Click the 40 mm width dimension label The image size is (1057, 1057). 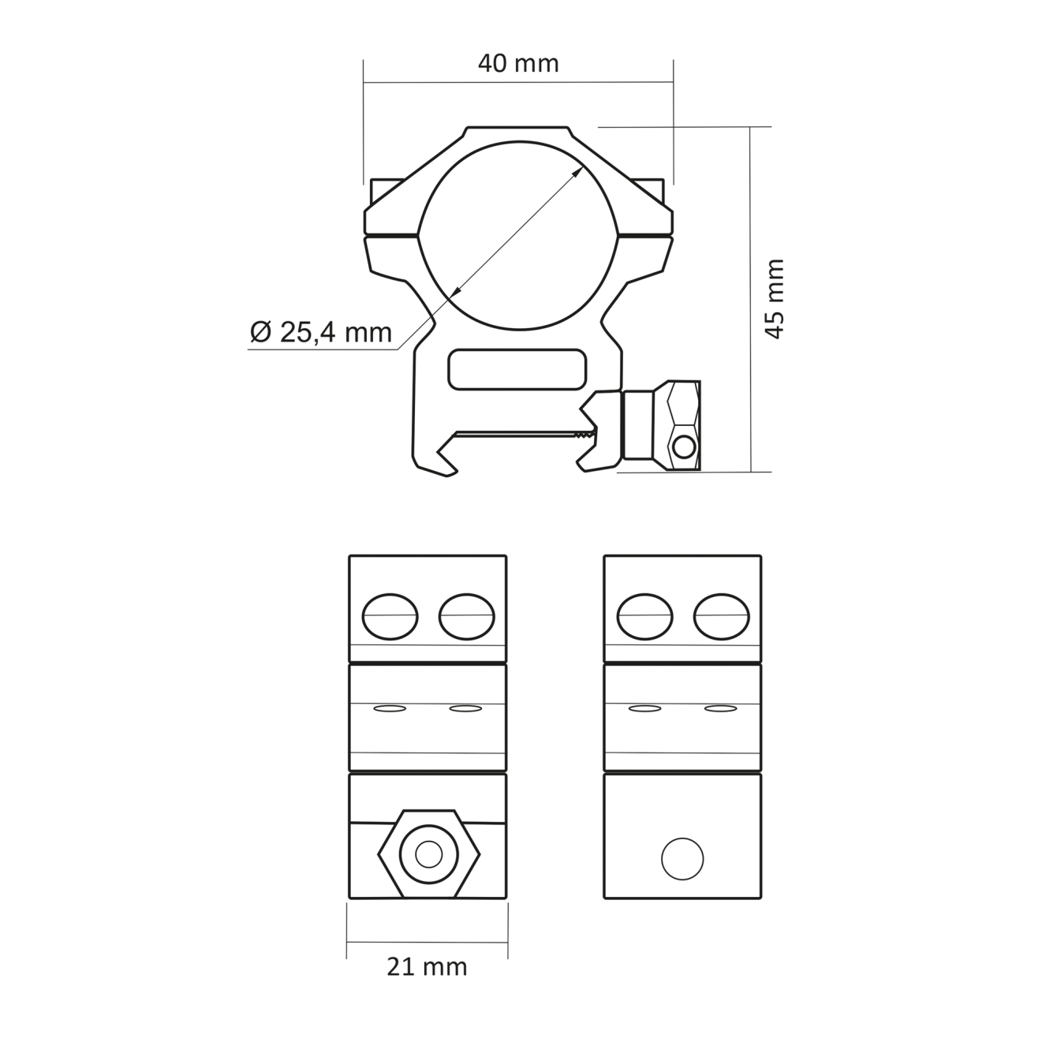coord(518,64)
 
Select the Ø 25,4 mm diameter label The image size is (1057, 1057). coord(321,332)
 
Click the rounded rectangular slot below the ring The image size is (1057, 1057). coord(517,370)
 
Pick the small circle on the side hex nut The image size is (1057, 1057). coord(684,447)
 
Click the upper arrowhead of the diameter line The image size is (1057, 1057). coord(577,174)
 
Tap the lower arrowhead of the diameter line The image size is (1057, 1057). coord(457,291)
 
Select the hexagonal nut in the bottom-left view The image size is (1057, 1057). coord(429,854)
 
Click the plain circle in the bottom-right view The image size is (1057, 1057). coord(682,859)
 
